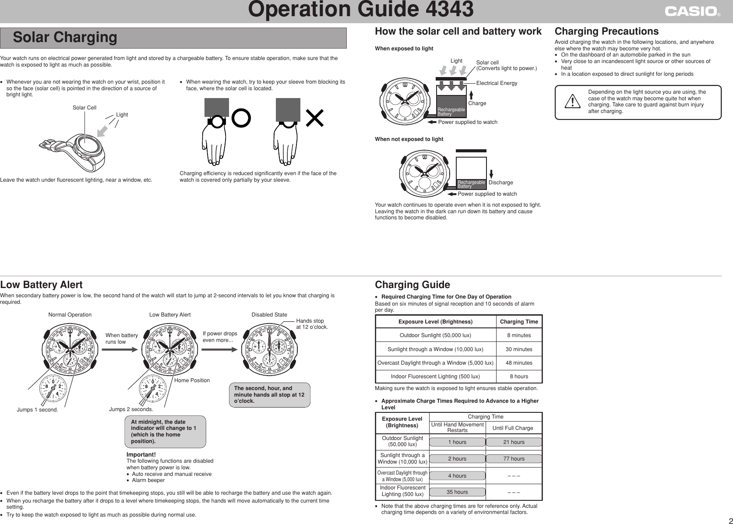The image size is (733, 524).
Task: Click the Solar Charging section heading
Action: [65, 38]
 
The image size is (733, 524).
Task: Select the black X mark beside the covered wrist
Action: [314, 118]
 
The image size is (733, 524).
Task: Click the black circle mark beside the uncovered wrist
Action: [241, 117]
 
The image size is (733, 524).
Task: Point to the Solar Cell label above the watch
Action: [85, 108]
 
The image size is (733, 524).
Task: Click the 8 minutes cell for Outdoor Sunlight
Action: [519, 335]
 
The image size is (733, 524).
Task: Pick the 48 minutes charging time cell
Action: [519, 363]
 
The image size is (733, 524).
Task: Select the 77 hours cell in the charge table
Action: [514, 459]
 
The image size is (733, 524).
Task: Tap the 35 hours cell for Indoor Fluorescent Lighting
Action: [457, 492]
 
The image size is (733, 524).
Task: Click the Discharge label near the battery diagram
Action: [500, 183]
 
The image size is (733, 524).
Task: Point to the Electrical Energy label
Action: [497, 83]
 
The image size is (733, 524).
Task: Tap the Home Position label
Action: [192, 380]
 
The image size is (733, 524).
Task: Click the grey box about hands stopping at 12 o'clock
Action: [270, 394]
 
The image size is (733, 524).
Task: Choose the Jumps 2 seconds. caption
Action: [131, 409]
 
